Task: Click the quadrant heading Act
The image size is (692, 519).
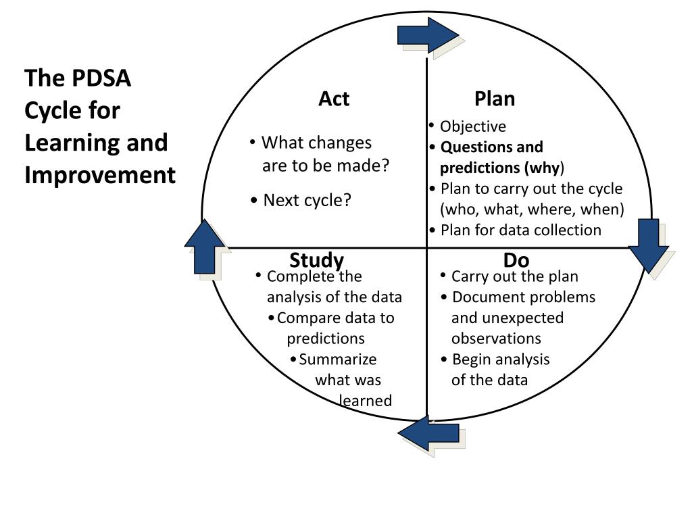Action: (334, 99)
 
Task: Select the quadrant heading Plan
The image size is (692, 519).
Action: (495, 99)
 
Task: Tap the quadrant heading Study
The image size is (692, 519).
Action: (316, 260)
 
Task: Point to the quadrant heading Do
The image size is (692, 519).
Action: (516, 260)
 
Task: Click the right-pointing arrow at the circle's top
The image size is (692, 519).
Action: (428, 34)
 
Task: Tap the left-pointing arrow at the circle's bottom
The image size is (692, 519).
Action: (428, 434)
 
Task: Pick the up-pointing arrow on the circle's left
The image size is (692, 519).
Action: (204, 247)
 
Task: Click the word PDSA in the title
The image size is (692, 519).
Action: (101, 78)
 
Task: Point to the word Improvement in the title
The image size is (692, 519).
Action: (100, 175)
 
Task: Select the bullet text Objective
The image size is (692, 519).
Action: (472, 126)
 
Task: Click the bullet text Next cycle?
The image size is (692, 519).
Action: (307, 200)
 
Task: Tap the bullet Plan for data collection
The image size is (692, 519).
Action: (520, 230)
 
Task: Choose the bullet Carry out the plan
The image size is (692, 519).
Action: (514, 276)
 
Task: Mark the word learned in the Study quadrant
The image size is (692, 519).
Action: (366, 401)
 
